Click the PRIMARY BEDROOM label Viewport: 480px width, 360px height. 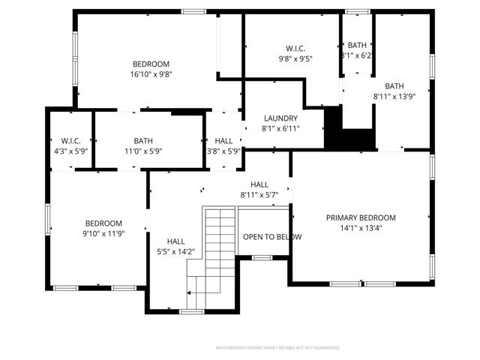point(360,217)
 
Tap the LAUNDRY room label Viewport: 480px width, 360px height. point(280,118)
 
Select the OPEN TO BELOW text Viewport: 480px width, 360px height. point(272,237)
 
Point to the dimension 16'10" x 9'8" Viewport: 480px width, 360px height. point(151,74)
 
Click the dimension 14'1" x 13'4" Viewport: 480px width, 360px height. point(360,228)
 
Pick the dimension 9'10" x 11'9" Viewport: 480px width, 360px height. point(103,234)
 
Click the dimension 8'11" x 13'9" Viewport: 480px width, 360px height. point(394,96)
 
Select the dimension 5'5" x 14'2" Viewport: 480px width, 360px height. point(176,251)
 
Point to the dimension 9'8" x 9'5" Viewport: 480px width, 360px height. point(295,58)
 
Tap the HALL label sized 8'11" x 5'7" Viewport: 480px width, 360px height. point(259,184)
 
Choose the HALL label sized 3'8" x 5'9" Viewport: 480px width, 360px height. point(223,140)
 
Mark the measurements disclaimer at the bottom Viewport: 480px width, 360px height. point(277,348)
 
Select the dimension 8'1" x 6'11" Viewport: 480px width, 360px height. point(280,129)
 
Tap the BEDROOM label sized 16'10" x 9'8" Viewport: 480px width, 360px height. point(151,64)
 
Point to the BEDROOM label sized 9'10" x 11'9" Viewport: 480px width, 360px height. point(103,223)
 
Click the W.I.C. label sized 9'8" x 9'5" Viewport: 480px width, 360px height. point(295,47)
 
